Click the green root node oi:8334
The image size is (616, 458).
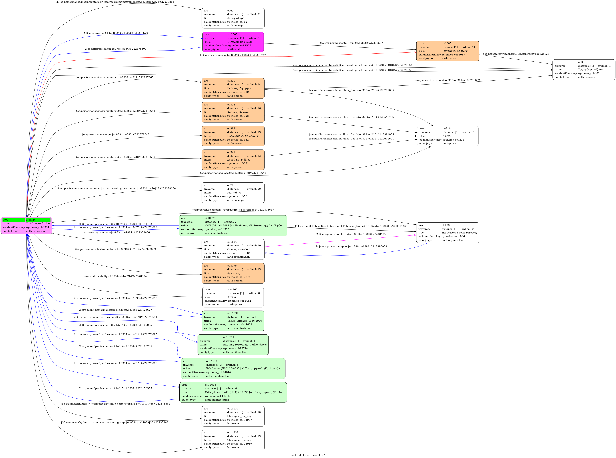[x=26, y=225]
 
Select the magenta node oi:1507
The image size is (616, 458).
[x=233, y=42]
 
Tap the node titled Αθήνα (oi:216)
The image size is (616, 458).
[x=448, y=136]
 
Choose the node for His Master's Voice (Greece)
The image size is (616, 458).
[x=448, y=233]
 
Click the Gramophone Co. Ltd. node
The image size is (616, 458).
[x=233, y=249]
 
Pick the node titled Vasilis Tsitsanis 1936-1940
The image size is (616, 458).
[x=233, y=321]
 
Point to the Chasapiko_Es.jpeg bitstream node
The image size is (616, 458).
[x=233, y=416]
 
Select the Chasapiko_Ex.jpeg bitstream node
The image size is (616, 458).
[x=233, y=440]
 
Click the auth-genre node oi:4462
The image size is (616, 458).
[x=233, y=297]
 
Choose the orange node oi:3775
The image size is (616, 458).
[x=233, y=273]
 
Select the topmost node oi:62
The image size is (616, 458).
[x=233, y=18]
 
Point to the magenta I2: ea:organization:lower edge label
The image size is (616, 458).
[x=351, y=234]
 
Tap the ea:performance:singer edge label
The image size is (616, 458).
[x=115, y=134]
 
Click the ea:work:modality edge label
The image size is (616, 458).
[x=115, y=276]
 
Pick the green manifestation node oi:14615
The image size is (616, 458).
[x=233, y=392]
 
